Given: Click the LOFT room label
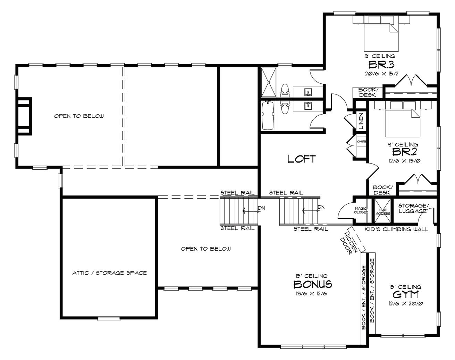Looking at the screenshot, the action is pos(302,159).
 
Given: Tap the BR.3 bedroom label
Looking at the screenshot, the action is pos(381,65).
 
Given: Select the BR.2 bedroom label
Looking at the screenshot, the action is pos(404,152).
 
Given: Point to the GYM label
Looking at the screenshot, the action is pos(405,294).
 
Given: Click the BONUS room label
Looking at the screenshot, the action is pos(313,284).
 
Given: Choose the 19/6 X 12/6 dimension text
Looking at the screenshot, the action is pos(311,294).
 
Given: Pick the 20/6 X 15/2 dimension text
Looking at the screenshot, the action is pos(381,74).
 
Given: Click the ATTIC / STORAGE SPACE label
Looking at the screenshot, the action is pos(110,273).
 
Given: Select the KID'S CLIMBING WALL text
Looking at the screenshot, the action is pos(396,229).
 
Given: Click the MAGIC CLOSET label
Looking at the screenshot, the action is pos(361,210).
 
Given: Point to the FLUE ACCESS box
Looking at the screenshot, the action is pos(383,211).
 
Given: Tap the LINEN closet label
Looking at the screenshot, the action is pos(361,121).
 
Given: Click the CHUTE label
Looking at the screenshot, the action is pos(362,141).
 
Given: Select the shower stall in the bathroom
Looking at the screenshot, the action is pos(269,82).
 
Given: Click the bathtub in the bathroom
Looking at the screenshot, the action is pos(268,116).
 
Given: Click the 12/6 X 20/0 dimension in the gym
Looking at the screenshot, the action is pos(405,303).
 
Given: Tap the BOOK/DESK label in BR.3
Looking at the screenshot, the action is pos(367,92).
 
